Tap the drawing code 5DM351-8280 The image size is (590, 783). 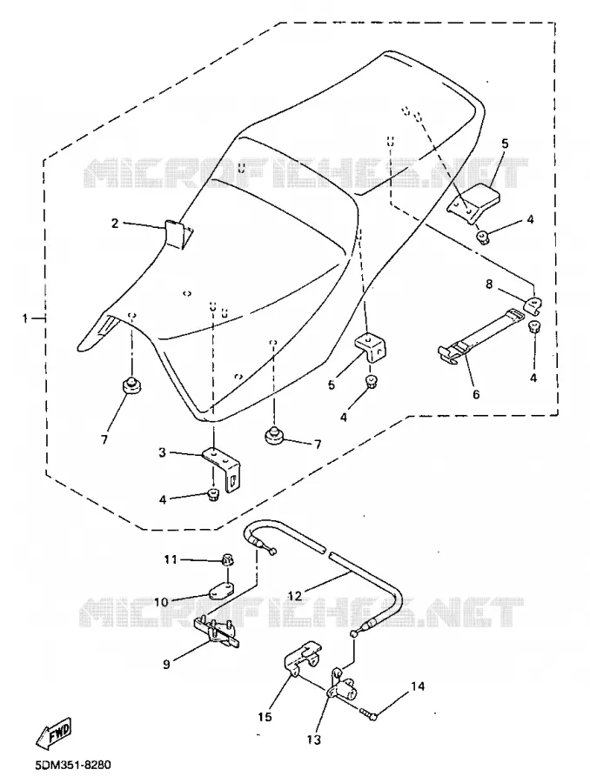point(73,765)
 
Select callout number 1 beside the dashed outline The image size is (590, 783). point(25,318)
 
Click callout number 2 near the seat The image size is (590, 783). point(115,224)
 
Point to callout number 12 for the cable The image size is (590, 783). point(295,595)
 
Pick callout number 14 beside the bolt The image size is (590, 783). point(418,686)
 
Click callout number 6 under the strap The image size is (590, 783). point(476,394)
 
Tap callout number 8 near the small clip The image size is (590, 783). point(489,284)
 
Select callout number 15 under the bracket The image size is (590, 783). point(265,717)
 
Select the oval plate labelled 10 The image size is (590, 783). point(221,590)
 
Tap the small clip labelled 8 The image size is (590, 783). point(533,305)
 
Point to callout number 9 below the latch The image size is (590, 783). point(166,664)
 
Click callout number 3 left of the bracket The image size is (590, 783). point(162,452)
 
